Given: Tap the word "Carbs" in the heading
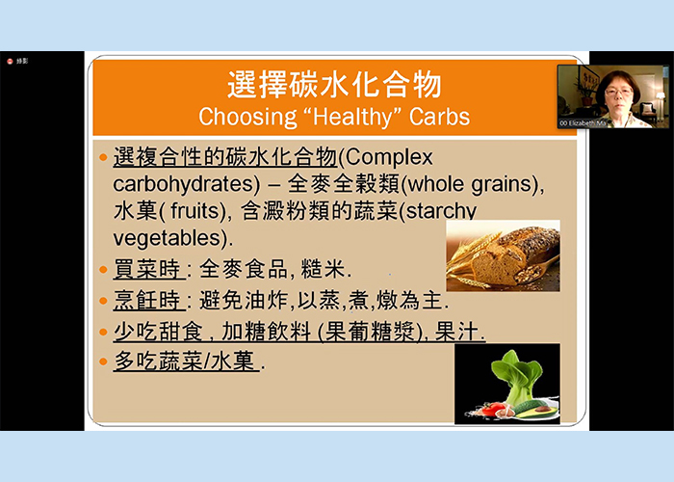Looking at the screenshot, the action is pos(439,117).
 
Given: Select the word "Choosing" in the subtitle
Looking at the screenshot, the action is pos(247,117).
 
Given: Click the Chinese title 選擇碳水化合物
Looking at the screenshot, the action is pos(334,85).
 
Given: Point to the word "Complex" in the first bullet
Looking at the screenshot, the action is pos(389,158).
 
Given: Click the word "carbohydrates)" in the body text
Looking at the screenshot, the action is pos(187,184).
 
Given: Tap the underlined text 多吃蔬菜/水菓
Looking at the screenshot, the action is pos(184,361).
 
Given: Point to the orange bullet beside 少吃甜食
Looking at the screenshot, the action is pos(103,332).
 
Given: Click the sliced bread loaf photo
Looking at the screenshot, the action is pos(503,255).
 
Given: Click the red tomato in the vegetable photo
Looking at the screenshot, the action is pos(492,409).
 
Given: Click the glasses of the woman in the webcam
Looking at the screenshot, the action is pos(618,91).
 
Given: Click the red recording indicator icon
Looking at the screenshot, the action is pos(10,61).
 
